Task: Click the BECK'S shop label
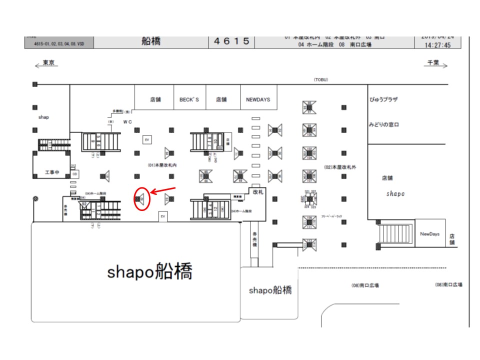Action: (x=189, y=99)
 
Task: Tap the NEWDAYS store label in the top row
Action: (x=257, y=99)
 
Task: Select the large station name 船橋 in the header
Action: (x=151, y=41)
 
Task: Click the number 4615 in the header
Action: (x=231, y=41)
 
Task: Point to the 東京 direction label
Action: (x=48, y=62)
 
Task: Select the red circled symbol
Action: (x=142, y=199)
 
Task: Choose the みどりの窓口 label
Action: (x=384, y=124)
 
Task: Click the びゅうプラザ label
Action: (x=383, y=99)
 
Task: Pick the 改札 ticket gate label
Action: (x=258, y=191)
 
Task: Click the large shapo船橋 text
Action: (x=149, y=271)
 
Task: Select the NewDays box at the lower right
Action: (x=429, y=233)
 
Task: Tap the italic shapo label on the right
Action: (x=395, y=193)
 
